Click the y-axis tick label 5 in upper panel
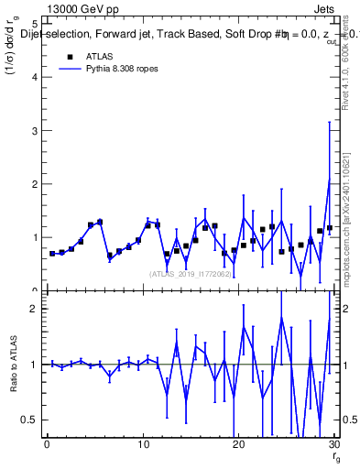tap(34, 24)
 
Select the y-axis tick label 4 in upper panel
tap(34, 77)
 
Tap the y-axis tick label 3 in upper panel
tap(34, 130)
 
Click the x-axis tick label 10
tap(142, 445)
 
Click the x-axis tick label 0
tap(47, 445)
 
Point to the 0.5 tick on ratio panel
tap(29, 420)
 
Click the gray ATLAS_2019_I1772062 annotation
tap(190, 273)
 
